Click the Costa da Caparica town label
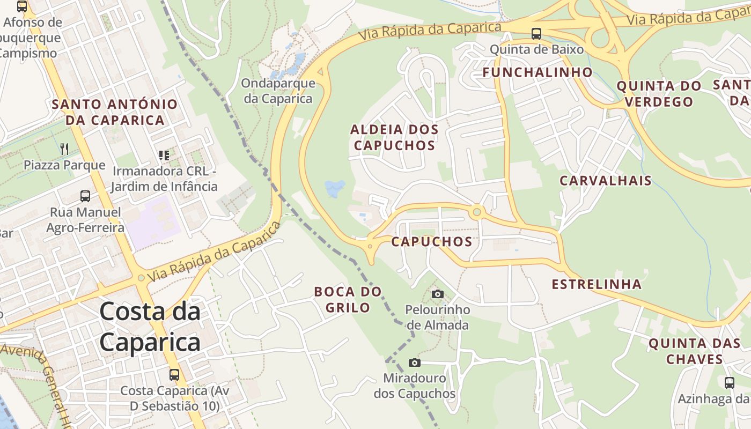150,327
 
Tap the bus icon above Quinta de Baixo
536,34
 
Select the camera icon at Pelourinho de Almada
438,294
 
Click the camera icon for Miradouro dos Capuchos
414,363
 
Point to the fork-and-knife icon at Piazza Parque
64,149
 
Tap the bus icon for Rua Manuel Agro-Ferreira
85,196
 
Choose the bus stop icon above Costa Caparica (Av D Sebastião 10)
174,374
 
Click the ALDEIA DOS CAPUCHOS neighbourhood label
394,137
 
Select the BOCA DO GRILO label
348,299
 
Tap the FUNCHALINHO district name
538,72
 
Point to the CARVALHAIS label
605,181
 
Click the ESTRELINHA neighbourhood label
597,284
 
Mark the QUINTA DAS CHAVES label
694,351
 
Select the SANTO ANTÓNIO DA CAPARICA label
114,112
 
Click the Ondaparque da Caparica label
278,91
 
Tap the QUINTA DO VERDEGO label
659,93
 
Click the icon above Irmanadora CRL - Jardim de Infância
164,156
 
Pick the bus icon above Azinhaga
729,383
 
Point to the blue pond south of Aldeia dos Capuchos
335,188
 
